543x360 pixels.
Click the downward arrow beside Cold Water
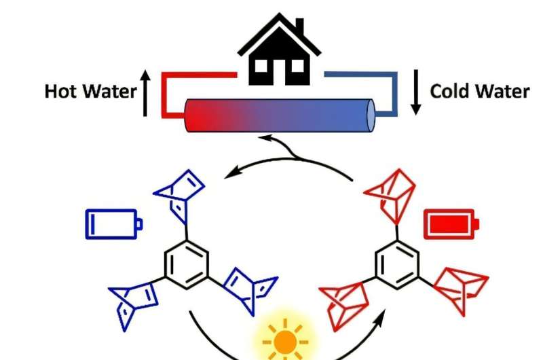[416, 95]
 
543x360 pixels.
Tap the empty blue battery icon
[113, 223]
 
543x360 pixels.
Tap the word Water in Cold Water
[502, 91]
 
